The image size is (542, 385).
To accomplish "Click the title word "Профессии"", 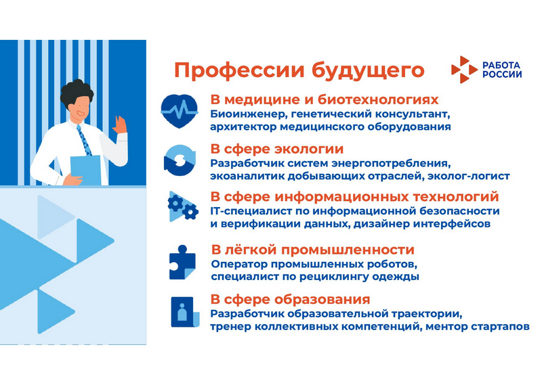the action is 239,70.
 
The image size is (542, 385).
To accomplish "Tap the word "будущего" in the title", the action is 368,71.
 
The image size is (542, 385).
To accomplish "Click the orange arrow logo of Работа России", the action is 464,70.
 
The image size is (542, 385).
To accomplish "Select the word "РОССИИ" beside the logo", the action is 502,74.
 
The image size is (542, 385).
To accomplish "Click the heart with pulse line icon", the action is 180,111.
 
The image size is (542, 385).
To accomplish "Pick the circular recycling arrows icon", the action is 180,160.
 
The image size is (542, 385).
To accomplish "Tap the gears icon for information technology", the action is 183,206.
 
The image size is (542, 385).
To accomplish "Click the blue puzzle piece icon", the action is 182,262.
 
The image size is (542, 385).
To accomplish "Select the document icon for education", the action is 185,312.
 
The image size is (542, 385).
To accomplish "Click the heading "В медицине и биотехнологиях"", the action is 325,99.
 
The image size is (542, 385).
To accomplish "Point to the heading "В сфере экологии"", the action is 277,149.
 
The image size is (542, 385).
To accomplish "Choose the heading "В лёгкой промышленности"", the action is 312,250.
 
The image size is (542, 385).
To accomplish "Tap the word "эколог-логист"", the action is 469,177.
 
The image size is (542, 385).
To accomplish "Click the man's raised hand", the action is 120,125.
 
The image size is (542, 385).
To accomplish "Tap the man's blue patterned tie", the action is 84,140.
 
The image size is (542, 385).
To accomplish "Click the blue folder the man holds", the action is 86,170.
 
